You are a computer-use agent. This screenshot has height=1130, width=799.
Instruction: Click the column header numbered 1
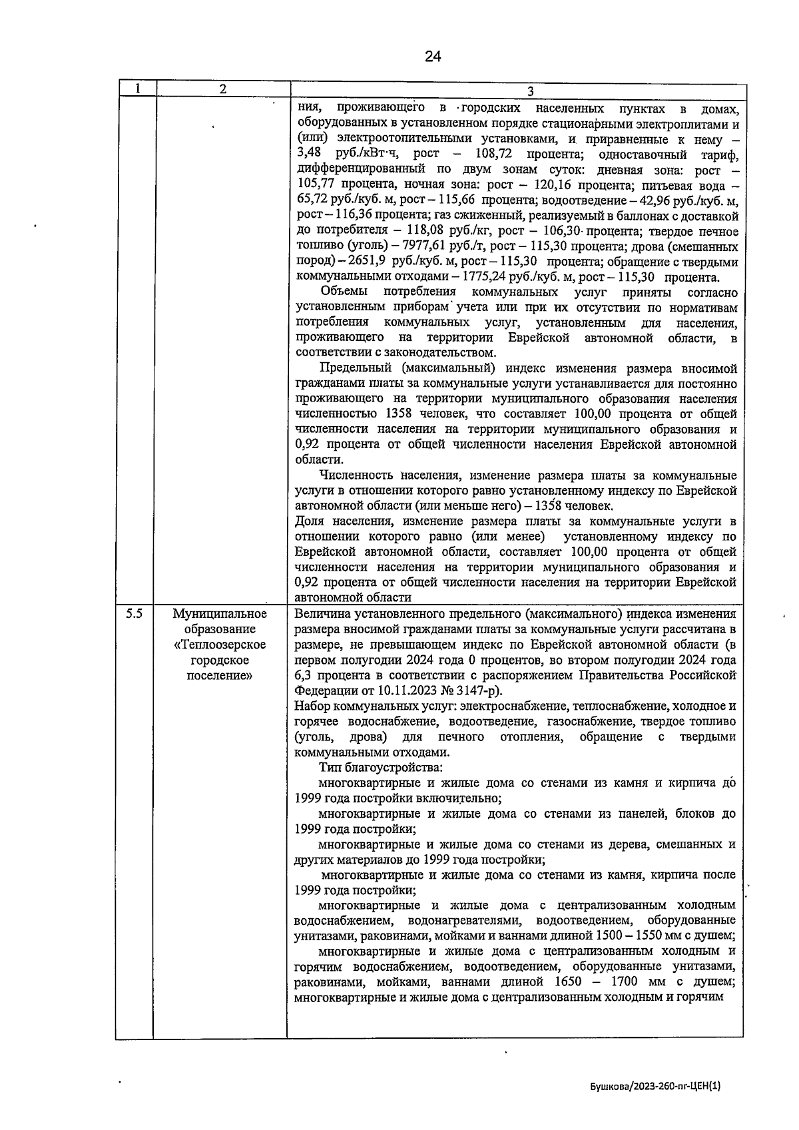(x=136, y=89)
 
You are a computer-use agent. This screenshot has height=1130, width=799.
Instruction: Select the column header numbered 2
(x=222, y=89)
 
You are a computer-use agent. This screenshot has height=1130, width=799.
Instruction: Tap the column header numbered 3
(x=531, y=91)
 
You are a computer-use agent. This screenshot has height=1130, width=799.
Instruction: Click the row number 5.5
(x=134, y=614)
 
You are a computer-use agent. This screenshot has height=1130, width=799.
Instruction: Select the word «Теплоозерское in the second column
(x=220, y=645)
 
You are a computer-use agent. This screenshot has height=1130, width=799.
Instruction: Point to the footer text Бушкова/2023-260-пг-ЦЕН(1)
(x=656, y=1086)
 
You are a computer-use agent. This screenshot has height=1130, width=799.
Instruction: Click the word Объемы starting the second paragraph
(x=341, y=292)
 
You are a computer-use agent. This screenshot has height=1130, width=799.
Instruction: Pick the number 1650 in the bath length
(x=566, y=982)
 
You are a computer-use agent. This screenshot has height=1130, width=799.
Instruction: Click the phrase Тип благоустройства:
(x=372, y=768)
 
